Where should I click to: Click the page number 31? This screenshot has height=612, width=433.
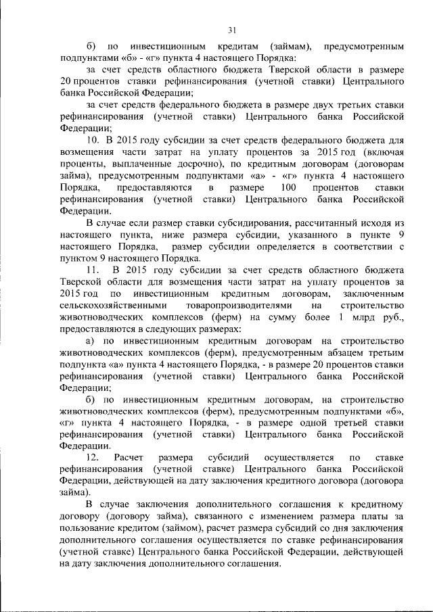pyautogui.click(x=231, y=30)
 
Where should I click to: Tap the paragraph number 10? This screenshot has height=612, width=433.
pyautogui.click(x=93, y=139)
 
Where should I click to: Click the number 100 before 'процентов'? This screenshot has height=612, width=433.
pyautogui.click(x=287, y=187)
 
